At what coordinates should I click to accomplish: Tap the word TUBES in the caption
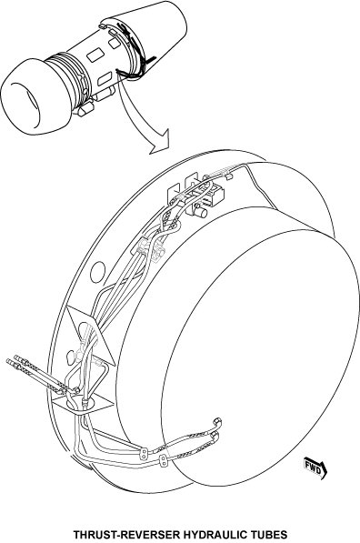point(267,534)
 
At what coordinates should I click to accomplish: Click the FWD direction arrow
point(315,468)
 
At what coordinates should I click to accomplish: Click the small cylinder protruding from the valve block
point(200,210)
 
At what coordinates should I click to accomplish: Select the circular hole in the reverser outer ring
point(97,272)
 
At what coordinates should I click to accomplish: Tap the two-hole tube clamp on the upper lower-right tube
point(144,453)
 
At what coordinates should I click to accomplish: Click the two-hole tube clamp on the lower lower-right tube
point(163,462)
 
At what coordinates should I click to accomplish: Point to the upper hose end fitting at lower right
point(217,422)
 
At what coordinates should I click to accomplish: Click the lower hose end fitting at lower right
point(215,436)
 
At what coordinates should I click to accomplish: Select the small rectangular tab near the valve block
point(228,177)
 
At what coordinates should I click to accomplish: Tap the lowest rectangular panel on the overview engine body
point(105,78)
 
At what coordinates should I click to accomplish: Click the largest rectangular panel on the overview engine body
point(95,55)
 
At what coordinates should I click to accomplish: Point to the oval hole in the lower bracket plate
point(71,357)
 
